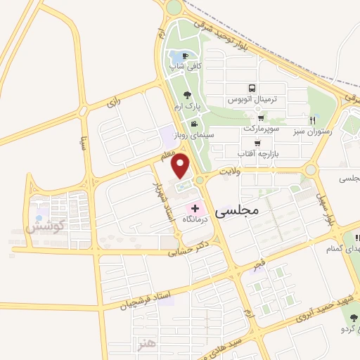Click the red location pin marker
coord(181,165)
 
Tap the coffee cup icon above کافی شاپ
coord(185,56)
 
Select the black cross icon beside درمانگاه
coord(195,208)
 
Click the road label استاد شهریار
coord(163,202)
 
